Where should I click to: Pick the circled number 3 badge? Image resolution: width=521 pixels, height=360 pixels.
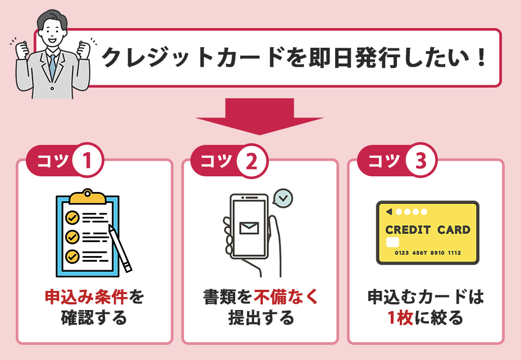pos(418,161)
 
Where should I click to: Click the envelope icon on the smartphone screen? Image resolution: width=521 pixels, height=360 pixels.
pos(248,227)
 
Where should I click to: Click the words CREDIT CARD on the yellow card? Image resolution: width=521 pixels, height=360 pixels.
pos(428,230)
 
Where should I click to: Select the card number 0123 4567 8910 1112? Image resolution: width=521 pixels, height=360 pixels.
pos(428,253)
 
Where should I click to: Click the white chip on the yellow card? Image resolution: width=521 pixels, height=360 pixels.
pos(393,242)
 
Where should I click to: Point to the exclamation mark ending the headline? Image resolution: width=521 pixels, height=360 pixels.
pos(480,59)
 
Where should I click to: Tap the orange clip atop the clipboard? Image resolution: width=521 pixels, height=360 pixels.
pos(87,196)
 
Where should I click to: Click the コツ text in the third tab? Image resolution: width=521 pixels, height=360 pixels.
pos(384,161)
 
